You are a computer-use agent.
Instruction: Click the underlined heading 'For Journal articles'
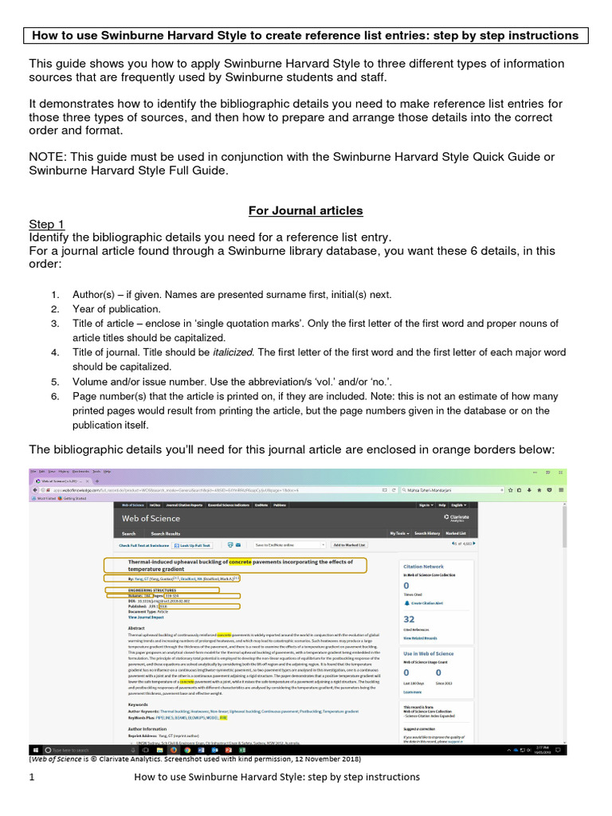point(305,210)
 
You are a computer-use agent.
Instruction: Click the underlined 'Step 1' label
point(47,224)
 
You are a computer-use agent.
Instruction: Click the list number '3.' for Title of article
point(55,324)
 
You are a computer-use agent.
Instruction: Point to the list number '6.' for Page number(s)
point(55,396)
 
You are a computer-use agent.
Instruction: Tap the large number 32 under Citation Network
point(409,618)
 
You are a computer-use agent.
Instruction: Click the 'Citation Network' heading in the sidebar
point(423,565)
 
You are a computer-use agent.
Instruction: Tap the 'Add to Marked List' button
point(349,545)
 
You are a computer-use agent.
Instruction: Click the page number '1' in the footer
point(32,777)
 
